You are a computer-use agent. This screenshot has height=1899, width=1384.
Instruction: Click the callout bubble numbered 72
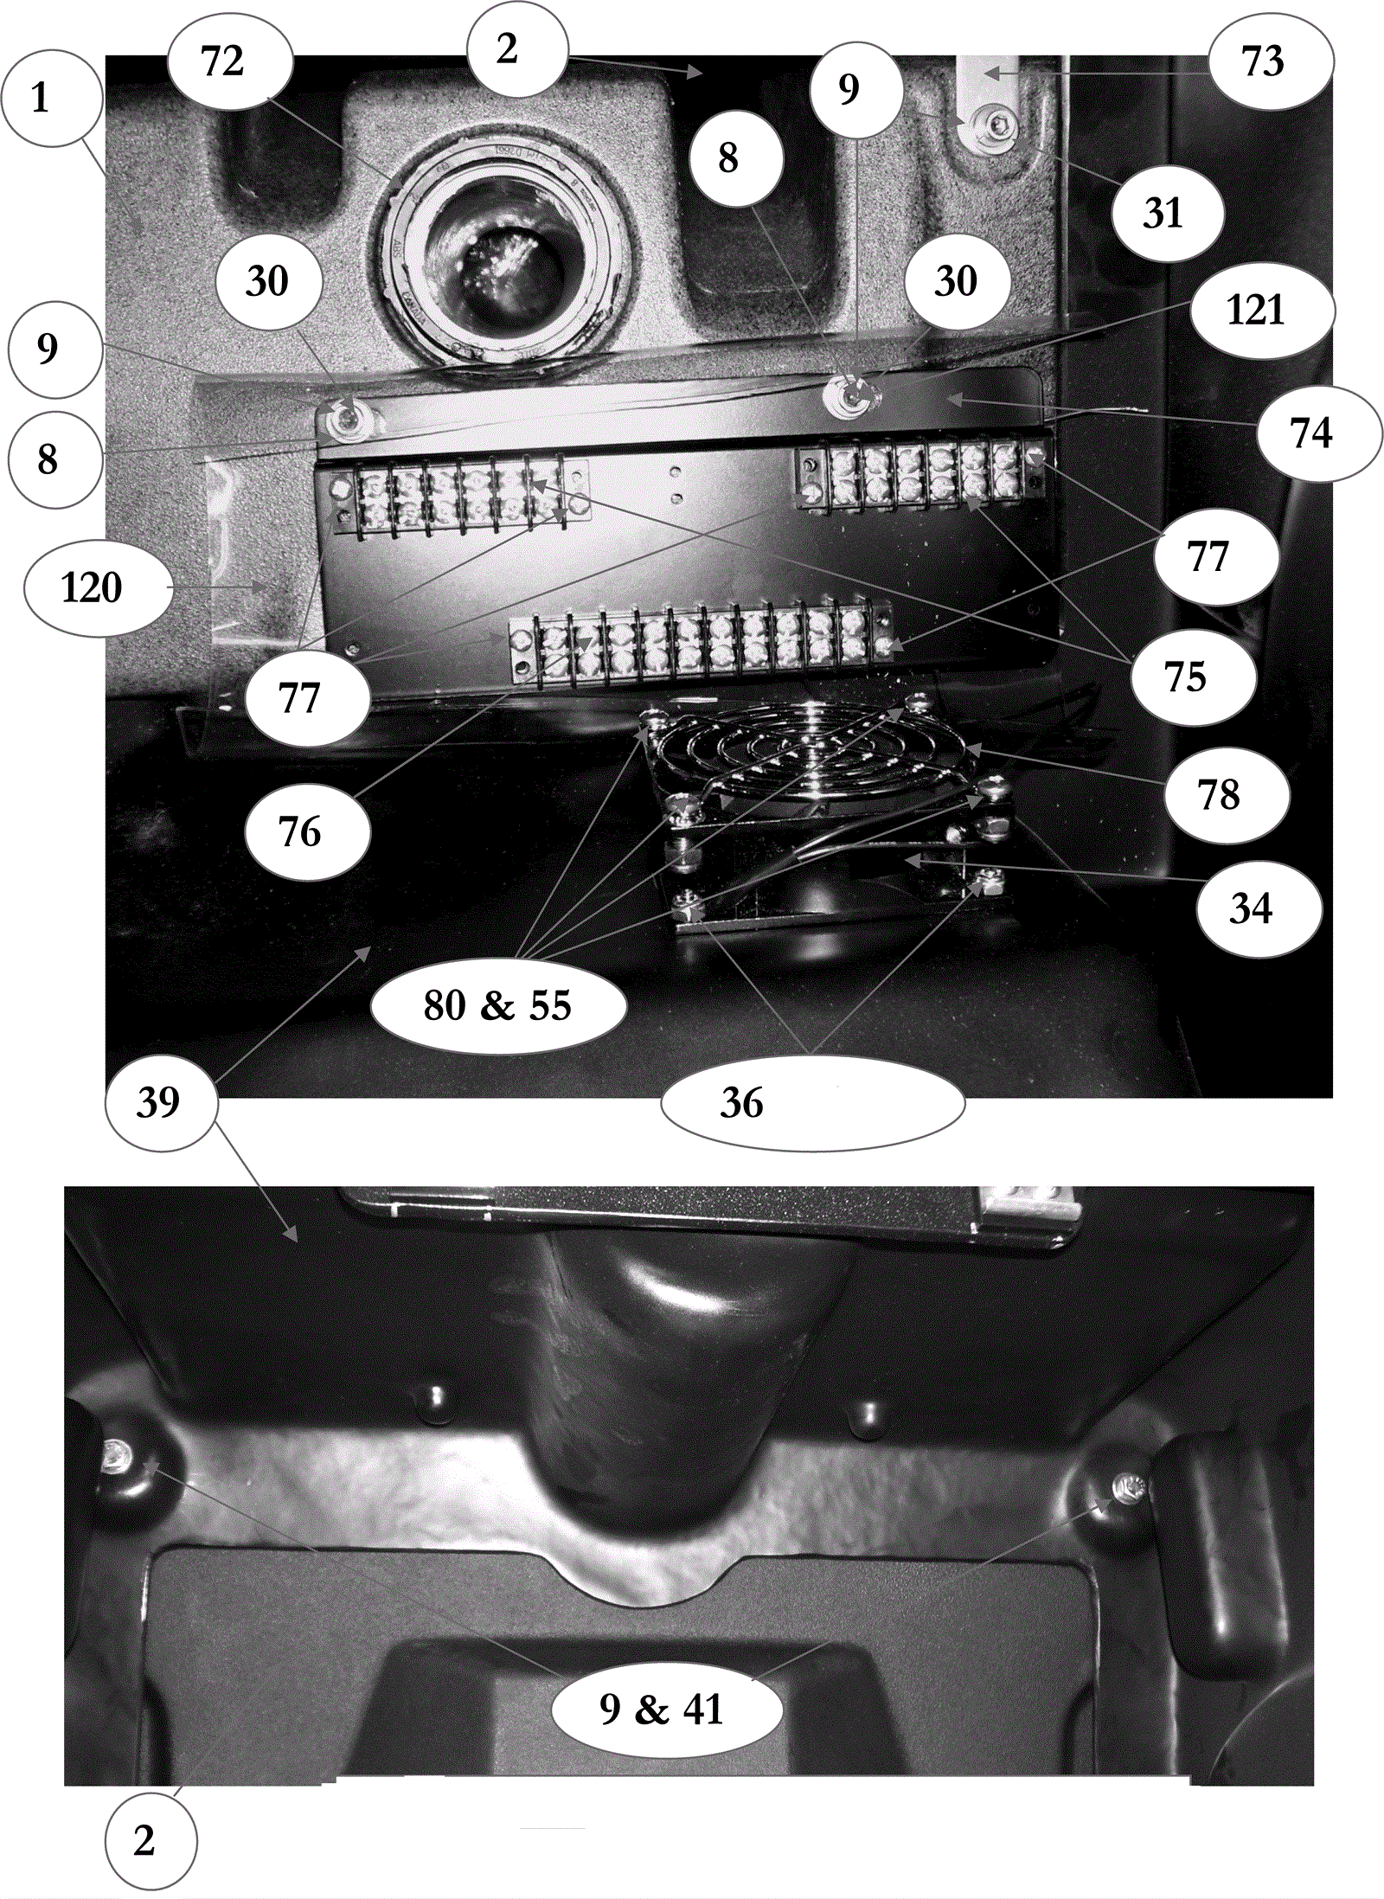click(230, 61)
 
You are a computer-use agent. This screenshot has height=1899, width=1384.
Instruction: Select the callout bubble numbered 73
click(1271, 61)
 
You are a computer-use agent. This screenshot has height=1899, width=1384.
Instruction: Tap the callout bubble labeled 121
click(1262, 310)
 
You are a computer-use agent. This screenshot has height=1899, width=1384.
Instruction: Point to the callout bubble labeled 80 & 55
click(498, 1006)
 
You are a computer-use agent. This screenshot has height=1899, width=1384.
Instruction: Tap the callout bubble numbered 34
click(1259, 909)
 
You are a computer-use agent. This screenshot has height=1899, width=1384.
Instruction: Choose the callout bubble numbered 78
click(1227, 795)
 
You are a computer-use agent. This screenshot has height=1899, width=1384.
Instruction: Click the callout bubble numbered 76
click(308, 832)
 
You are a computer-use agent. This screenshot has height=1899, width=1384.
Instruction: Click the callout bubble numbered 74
click(1319, 433)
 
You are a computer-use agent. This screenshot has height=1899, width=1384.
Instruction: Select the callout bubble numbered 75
click(1193, 677)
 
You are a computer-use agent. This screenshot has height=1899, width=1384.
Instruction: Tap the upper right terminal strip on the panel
click(923, 474)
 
